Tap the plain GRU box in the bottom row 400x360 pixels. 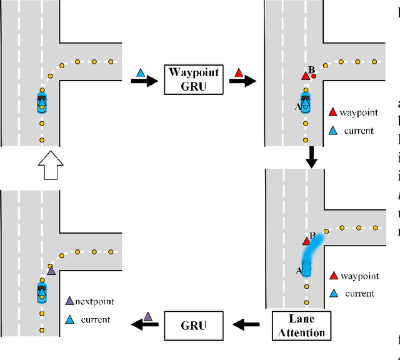194,324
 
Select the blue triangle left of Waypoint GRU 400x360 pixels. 141,73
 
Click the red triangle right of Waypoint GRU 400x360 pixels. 238,73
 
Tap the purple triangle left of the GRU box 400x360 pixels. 147,317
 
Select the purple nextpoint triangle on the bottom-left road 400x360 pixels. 51,271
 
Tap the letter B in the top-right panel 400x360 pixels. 310,69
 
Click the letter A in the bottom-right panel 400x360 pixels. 299,271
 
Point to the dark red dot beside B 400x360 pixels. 314,76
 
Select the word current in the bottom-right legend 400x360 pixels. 359,293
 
